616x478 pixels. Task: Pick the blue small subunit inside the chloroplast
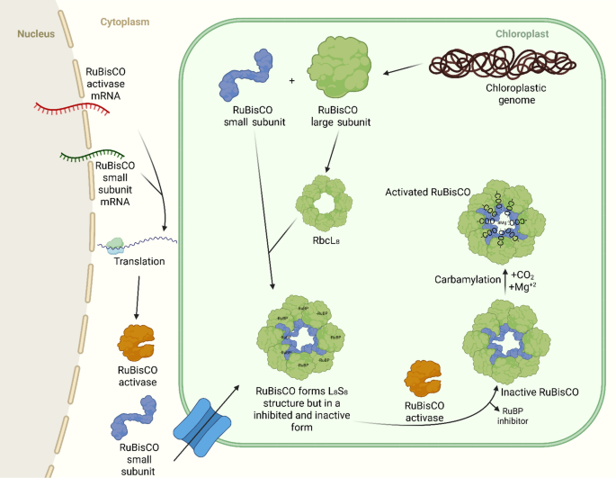point(244,79)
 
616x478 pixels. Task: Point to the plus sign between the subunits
point(291,81)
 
